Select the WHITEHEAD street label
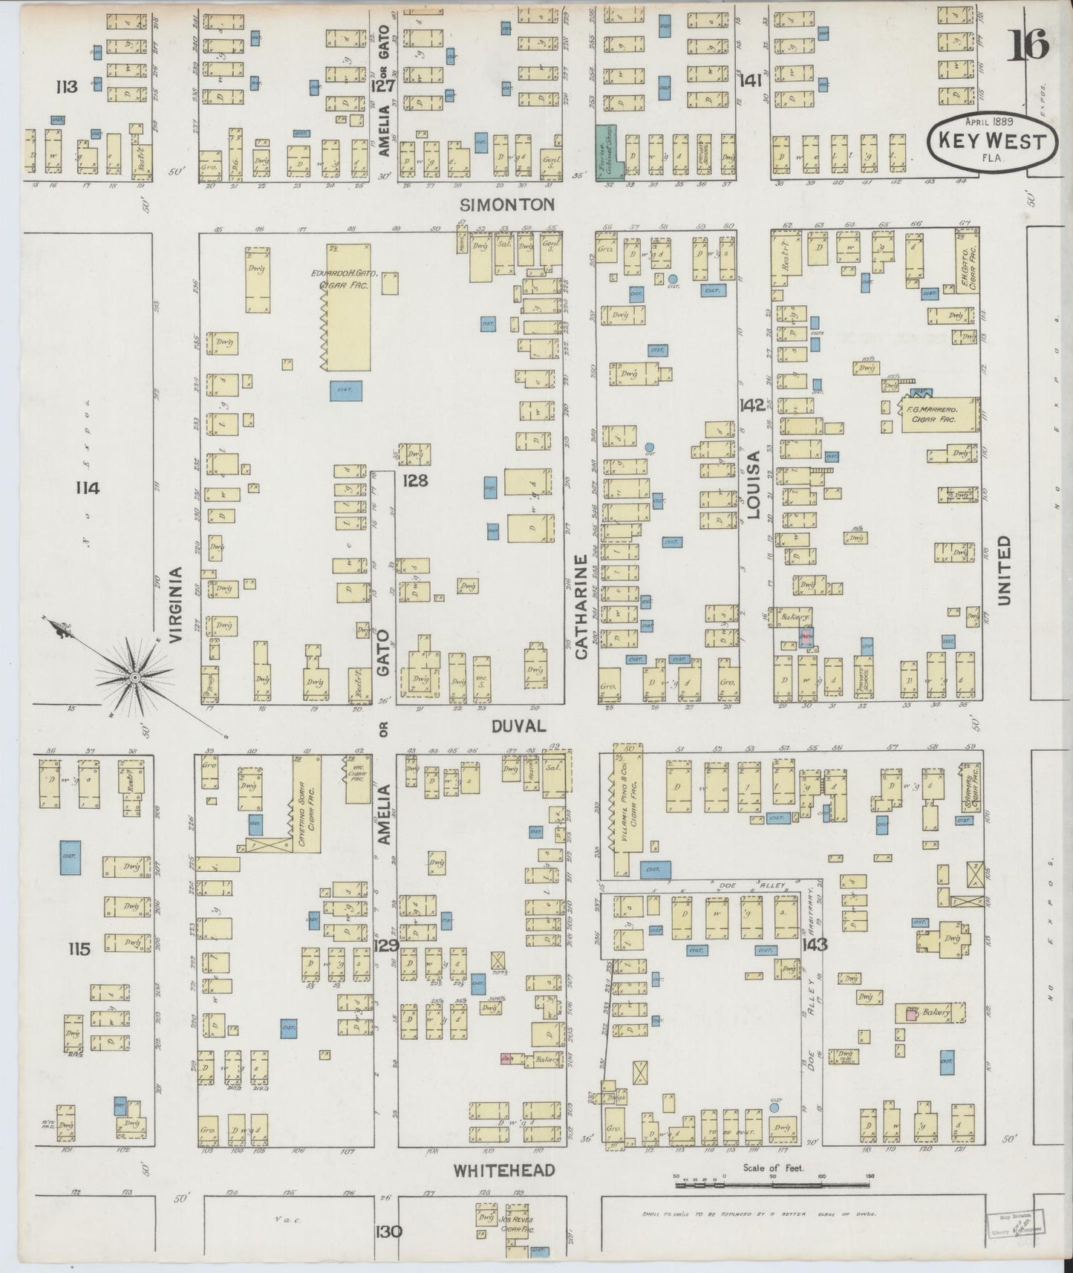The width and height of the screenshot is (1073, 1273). tap(504, 1171)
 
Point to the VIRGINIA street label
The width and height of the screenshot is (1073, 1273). tap(176, 604)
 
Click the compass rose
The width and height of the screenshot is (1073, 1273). tap(135, 677)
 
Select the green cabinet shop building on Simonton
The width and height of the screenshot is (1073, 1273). tap(608, 152)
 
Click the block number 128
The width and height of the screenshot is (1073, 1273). tap(414, 481)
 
